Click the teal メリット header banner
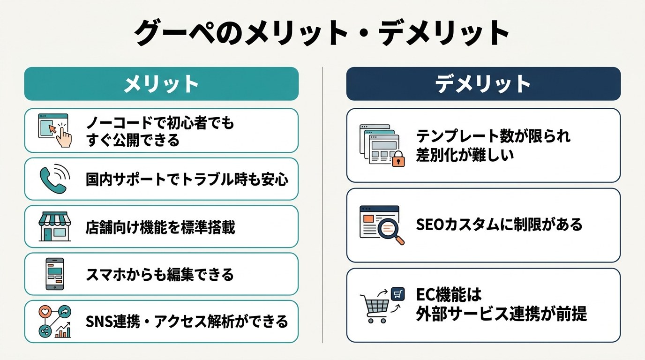161,84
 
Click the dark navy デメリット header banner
483,84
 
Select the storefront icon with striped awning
55,226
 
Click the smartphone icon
55,274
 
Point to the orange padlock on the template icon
398,159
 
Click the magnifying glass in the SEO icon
390,231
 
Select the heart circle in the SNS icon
45,311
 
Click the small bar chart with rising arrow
63,330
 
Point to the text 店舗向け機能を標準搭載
160,227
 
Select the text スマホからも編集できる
160,274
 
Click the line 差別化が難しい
465,155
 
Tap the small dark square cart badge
397,294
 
